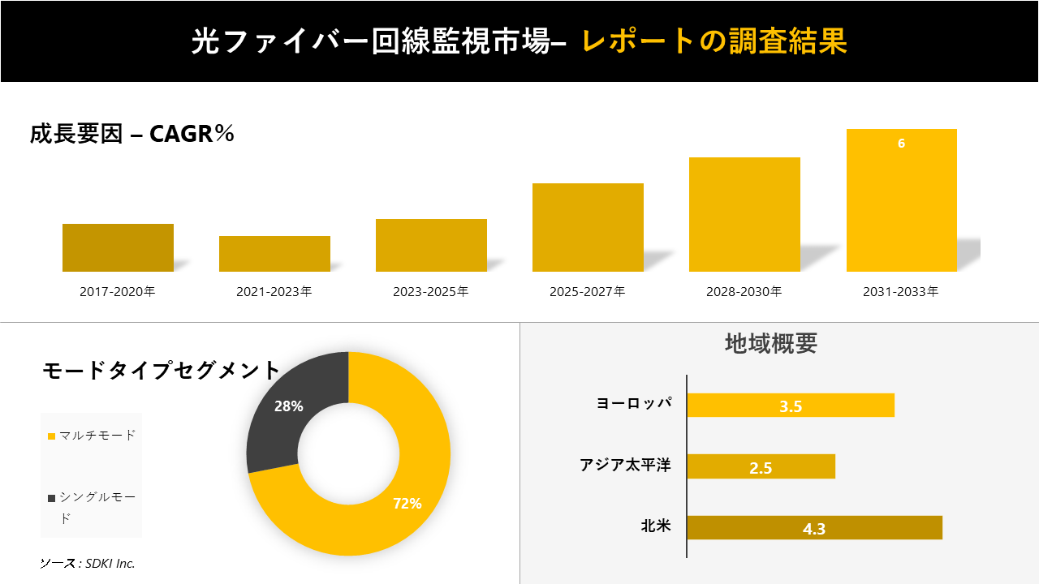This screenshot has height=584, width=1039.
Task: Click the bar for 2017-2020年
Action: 118,247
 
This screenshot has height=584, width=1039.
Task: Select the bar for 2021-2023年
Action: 274,254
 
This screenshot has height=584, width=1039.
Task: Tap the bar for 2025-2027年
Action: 588,227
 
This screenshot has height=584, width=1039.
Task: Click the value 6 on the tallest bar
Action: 901,144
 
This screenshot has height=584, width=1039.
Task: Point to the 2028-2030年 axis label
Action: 744,292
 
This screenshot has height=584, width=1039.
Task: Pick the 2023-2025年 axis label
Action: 431,292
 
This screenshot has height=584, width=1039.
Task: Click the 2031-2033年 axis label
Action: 901,292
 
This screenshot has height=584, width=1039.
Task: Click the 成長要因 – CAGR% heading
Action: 132,134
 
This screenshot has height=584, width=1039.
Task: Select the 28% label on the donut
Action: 288,406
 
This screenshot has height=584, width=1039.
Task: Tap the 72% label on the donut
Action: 407,504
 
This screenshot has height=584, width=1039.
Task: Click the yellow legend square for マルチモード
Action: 52,436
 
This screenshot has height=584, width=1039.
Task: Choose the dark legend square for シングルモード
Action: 52,497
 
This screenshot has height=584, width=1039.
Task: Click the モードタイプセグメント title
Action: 161,371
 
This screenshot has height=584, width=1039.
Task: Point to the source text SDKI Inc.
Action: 88,563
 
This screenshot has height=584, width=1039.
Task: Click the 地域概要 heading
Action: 770,343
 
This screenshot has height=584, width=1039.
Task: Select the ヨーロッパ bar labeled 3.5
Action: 791,406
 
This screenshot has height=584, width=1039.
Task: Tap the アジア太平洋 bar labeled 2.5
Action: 761,466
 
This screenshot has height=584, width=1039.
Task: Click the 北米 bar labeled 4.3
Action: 814,528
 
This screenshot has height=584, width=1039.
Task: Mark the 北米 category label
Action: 655,526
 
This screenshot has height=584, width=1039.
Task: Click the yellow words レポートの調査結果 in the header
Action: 714,41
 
